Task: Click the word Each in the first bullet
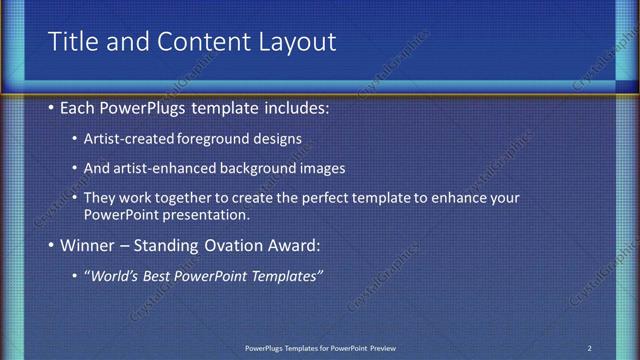(79, 105)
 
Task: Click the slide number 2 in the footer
(589, 348)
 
